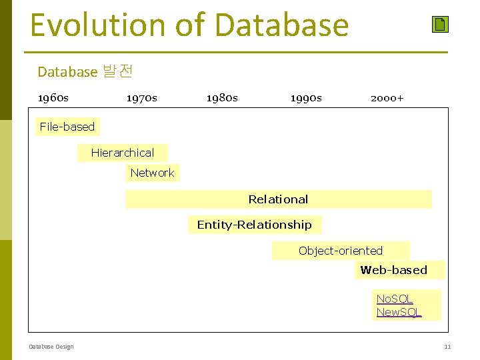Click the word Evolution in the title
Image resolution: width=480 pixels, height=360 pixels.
point(99,25)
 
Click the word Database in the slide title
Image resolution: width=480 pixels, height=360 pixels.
point(282,25)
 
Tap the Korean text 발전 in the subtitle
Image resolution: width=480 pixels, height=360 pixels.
point(117,71)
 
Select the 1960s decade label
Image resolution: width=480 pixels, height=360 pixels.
point(53,98)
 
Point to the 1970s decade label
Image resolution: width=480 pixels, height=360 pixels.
point(142,98)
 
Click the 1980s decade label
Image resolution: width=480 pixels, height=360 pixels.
point(222,98)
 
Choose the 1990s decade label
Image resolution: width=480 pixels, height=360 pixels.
point(306,98)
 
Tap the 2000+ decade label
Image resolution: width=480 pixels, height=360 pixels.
point(387,98)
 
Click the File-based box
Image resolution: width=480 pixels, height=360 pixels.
point(67,127)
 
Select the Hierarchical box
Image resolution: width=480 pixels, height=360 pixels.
point(123,153)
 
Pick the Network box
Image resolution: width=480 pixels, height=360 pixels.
point(152,173)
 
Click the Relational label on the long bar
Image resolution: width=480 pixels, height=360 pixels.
point(278,199)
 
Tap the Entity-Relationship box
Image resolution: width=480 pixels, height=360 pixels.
point(254,225)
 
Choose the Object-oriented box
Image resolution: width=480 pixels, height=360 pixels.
point(341,251)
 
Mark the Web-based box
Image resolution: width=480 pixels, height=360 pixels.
point(394,270)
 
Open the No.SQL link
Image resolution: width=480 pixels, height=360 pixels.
point(395,299)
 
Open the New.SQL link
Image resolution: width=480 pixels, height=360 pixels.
point(399,312)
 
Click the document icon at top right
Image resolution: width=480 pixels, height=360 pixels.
point(440,25)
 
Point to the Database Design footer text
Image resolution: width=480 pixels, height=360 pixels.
point(51,347)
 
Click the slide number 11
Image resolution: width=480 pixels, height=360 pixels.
point(447,347)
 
